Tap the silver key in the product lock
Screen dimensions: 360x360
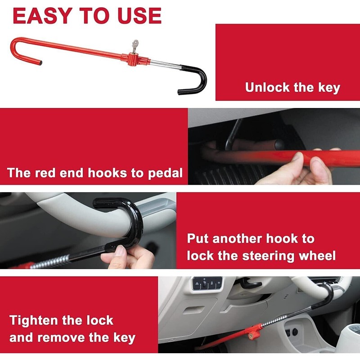(x=134, y=45)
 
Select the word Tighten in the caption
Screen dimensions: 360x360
(x=36, y=321)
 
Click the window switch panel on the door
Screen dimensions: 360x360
(x=207, y=283)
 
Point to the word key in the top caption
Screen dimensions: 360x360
(x=329, y=87)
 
